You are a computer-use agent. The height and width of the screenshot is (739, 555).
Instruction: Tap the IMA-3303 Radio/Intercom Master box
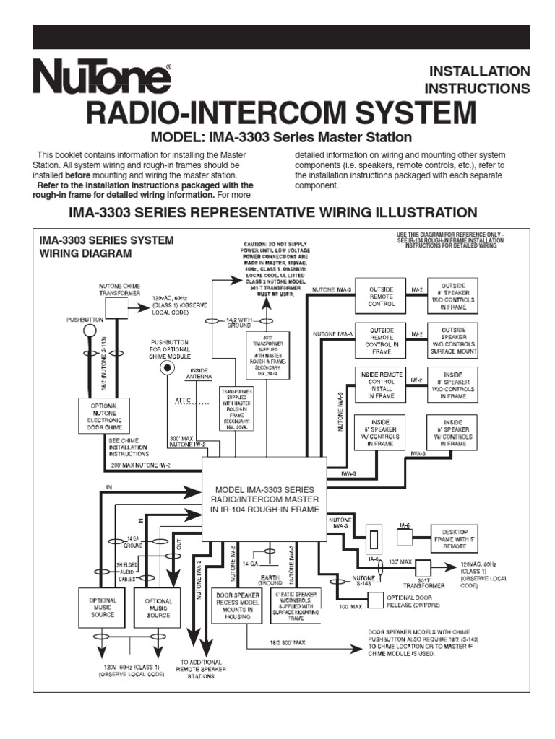(x=262, y=499)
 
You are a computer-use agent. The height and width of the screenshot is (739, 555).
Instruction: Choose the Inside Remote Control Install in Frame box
(x=381, y=385)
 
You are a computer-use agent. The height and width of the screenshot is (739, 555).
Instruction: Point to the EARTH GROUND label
(x=270, y=578)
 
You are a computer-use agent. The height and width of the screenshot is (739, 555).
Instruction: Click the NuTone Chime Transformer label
(x=120, y=289)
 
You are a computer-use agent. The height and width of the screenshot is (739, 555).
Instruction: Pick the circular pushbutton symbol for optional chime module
(x=168, y=367)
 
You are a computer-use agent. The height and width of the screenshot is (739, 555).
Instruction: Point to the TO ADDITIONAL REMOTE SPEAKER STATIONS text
(x=201, y=670)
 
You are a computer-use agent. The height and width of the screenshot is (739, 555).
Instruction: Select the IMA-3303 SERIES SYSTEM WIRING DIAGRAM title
(x=106, y=247)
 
